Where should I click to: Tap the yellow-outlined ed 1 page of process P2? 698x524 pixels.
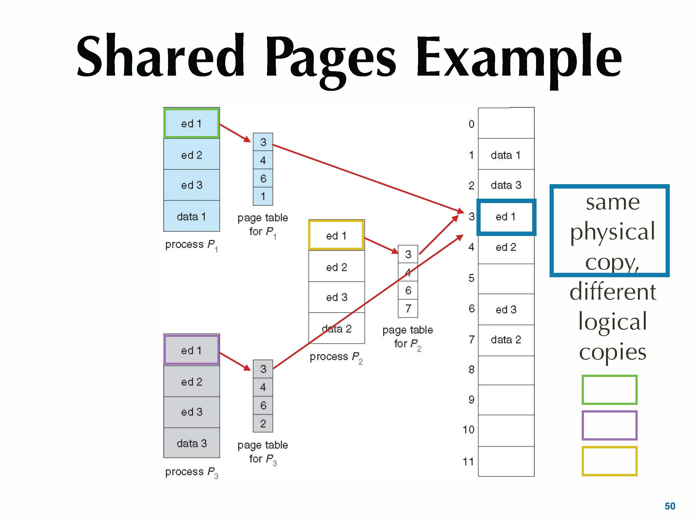336,235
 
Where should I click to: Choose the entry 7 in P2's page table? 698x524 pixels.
408,308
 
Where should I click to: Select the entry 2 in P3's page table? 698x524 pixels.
263,423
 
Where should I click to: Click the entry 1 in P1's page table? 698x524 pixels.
263,196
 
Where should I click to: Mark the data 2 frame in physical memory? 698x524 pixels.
506,340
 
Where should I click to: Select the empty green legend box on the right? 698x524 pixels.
609,390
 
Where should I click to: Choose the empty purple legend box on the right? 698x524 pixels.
609,425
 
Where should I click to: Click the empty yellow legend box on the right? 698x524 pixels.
609,461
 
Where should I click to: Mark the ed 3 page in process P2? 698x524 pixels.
336,297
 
